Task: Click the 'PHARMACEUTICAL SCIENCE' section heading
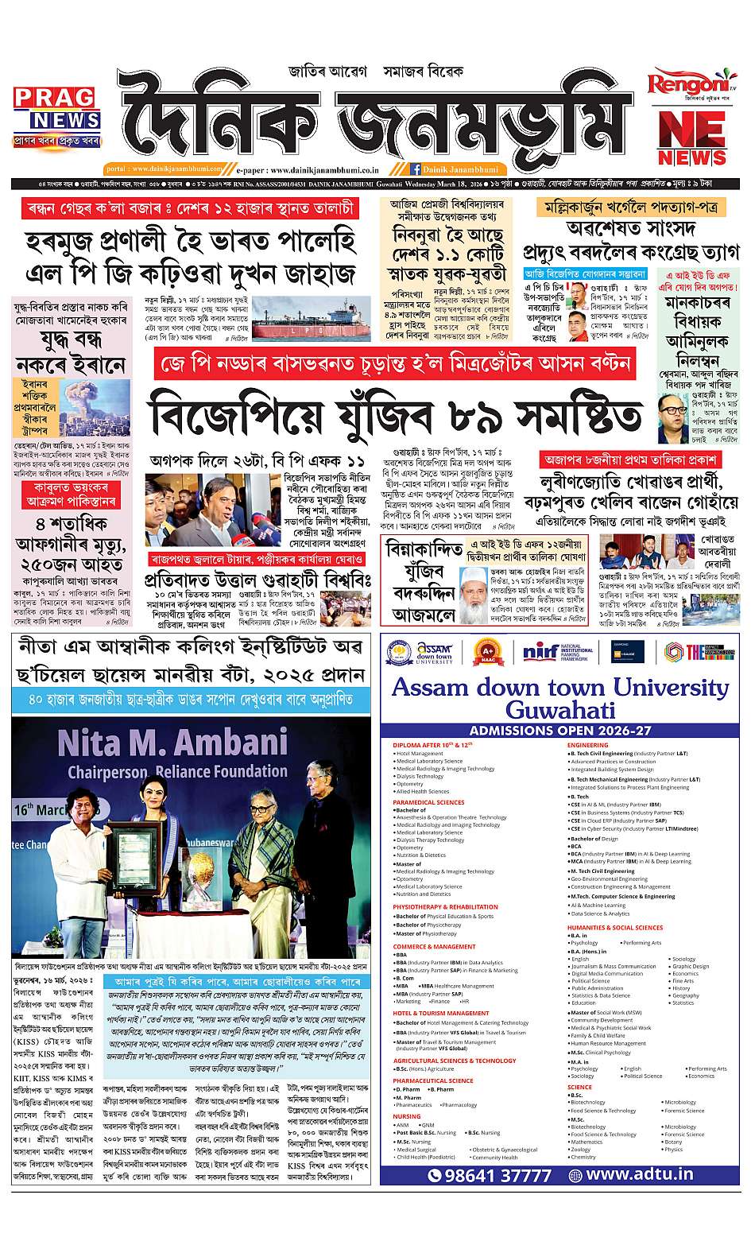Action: [x=432, y=1080]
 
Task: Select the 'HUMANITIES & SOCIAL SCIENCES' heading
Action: [x=614, y=927]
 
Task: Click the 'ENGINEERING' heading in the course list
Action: [x=588, y=745]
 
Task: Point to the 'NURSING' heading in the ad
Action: [x=407, y=1116]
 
